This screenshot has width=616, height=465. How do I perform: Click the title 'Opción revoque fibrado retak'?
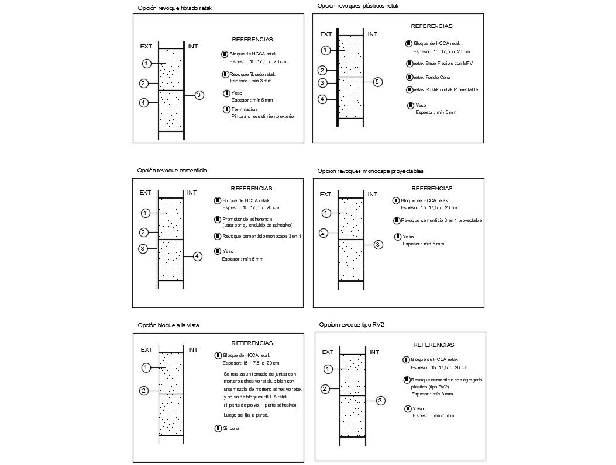(175, 8)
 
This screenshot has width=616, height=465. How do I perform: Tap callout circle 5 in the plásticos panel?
(378, 82)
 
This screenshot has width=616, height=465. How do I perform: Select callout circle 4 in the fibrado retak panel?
(144, 103)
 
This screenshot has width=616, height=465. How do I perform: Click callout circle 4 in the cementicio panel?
(198, 256)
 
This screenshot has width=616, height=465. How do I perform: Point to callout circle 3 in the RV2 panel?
(380, 400)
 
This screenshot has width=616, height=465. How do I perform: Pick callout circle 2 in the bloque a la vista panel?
(144, 391)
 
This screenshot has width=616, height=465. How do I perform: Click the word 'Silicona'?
(230, 428)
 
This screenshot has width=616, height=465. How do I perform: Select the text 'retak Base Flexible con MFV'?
(443, 63)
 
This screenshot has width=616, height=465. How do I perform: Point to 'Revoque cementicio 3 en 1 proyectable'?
(441, 220)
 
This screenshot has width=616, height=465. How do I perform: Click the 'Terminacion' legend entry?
(245, 109)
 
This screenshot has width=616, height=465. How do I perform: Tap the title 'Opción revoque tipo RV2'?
(352, 324)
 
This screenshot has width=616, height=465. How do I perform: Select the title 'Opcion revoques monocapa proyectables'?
(370, 171)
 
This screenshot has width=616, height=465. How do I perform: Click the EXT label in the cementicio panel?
(145, 192)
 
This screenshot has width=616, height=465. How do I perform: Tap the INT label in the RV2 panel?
(374, 352)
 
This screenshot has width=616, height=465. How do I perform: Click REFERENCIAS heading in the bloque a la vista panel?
(252, 343)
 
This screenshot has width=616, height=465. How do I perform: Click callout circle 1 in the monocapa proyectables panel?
(326, 213)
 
